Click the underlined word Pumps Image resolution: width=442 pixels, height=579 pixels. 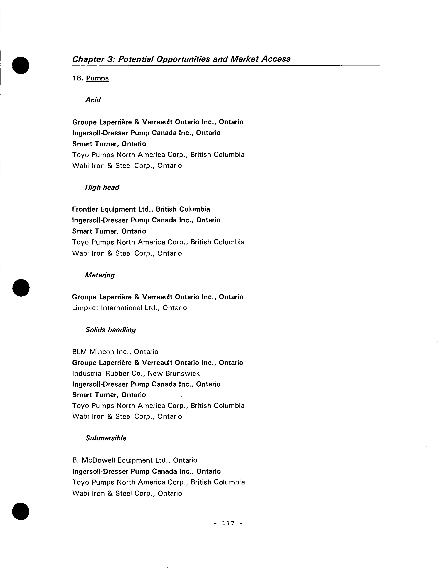coord(97,78)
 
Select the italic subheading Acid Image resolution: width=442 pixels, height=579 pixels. coord(93,100)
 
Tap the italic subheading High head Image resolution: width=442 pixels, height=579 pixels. coord(102,187)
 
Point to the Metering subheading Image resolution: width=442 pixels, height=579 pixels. coord(100,275)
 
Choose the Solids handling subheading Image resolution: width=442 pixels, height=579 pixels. coord(110,330)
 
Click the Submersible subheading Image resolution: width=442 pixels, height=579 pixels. coord(106,438)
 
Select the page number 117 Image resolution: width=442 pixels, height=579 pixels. coord(228,523)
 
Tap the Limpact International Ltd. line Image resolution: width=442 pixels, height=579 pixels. coord(129,308)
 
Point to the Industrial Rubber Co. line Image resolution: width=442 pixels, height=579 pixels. coord(136,373)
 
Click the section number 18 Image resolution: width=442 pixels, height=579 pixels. coord(78,78)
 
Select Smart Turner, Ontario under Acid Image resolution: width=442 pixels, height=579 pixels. coord(109,144)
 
